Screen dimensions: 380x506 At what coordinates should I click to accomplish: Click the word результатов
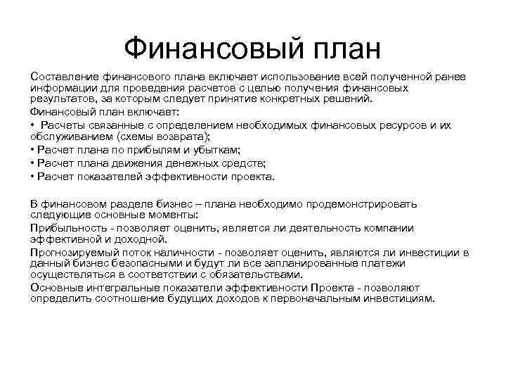point(61,99)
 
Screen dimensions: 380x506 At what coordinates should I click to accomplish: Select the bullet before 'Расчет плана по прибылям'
point(33,148)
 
